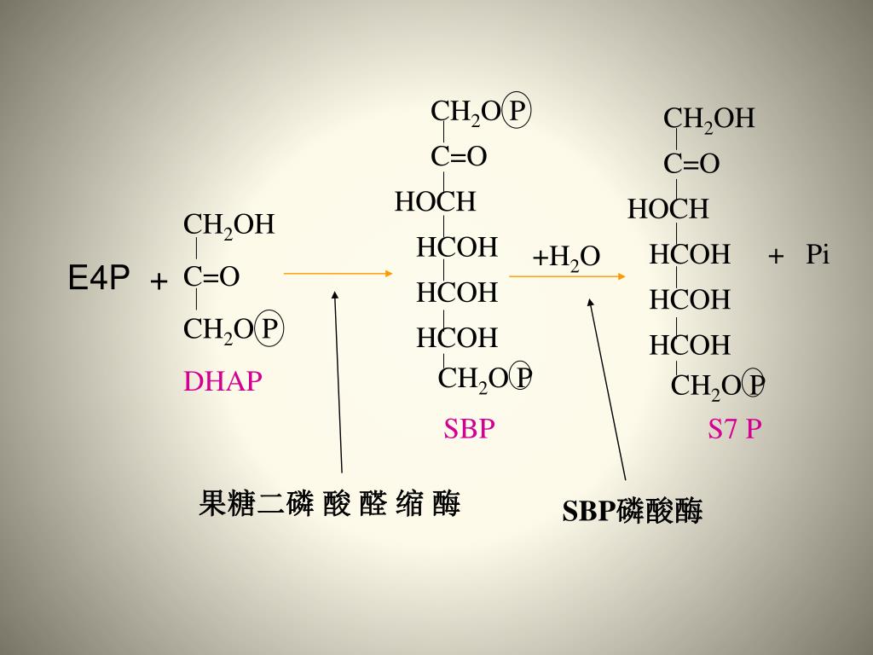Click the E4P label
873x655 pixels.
(99, 278)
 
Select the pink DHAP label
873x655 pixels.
(223, 381)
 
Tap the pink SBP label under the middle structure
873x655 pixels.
(469, 428)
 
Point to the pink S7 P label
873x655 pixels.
(734, 428)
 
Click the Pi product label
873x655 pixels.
(818, 255)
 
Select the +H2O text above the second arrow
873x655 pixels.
(566, 257)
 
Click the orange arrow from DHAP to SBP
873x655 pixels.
(338, 273)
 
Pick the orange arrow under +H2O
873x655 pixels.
(567, 276)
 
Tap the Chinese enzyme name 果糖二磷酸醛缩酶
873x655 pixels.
(329, 504)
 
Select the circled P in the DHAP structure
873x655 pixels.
(269, 328)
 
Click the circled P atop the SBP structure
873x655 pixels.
(517, 111)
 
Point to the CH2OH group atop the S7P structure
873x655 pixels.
(709, 119)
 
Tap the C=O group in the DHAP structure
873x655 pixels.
(211, 276)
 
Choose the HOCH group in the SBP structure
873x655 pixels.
(435, 202)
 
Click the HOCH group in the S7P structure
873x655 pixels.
(668, 209)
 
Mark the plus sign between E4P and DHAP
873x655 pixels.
(159, 281)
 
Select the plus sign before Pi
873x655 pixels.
(776, 256)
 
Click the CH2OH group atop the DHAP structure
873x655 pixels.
(229, 225)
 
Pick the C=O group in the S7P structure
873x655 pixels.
(691, 164)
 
